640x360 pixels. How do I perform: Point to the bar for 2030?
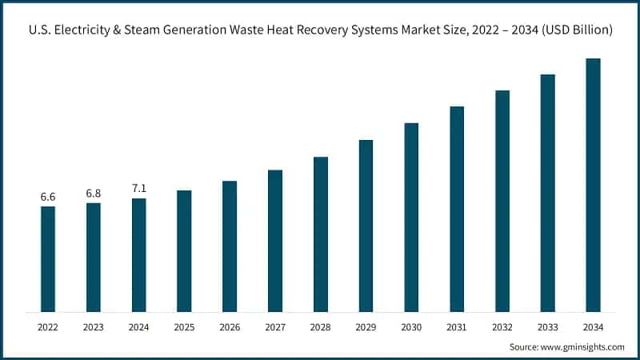411,217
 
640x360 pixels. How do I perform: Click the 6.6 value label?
48,196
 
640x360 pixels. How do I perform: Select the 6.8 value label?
94,193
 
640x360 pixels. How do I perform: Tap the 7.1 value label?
139,188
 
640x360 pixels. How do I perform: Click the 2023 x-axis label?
94,326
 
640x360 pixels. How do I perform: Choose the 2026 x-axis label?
230,326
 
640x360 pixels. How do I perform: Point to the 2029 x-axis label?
366,326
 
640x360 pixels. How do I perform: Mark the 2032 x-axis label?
502,326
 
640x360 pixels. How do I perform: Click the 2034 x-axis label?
593,326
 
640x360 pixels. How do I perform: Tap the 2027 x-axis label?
275,326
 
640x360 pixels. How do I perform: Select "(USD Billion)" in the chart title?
574,30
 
